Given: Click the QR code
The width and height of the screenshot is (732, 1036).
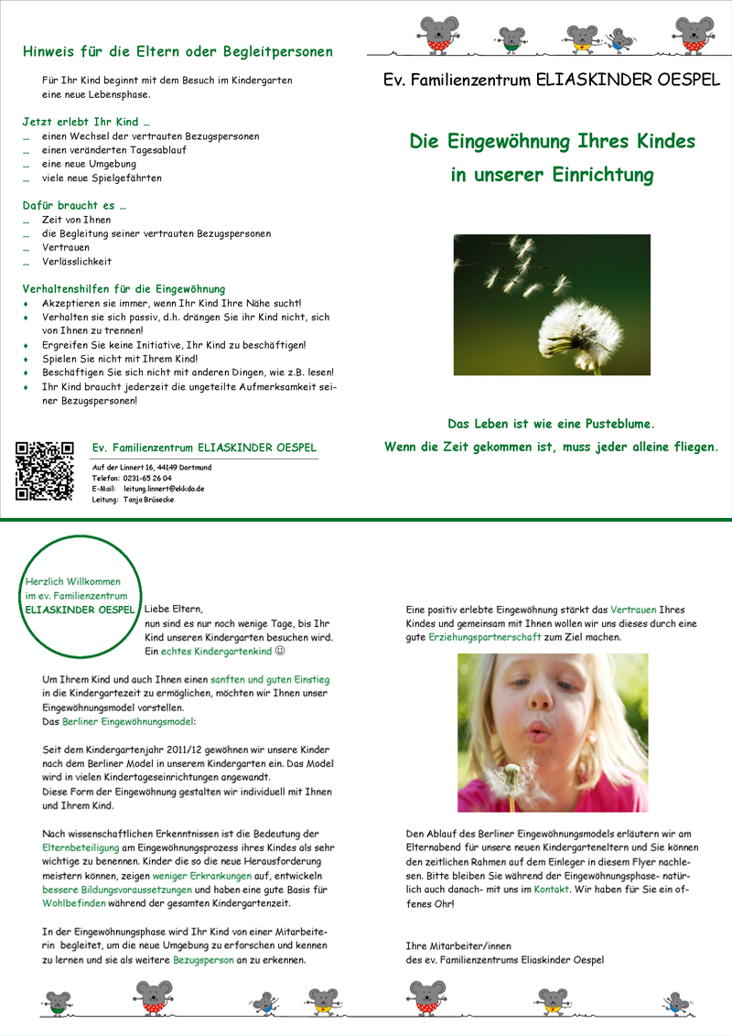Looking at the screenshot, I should tap(44, 470).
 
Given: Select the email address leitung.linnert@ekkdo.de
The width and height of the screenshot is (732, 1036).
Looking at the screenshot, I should tap(164, 489).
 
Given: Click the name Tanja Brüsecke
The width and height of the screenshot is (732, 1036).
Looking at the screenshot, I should tap(148, 500).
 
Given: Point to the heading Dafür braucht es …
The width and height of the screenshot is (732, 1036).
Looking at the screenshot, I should tap(74, 206).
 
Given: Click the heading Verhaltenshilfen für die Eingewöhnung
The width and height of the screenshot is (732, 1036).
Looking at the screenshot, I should tap(124, 288).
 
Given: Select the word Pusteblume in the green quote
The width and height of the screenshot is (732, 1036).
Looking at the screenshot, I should tap(613, 425).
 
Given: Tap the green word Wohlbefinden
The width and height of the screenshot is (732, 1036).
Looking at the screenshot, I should tap(72, 903).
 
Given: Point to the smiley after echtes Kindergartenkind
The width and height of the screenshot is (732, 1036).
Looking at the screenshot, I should tap(281, 651).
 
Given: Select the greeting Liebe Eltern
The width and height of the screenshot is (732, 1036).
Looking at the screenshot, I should tap(173, 609).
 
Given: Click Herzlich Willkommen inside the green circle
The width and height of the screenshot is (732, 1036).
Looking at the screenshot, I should tap(73, 582).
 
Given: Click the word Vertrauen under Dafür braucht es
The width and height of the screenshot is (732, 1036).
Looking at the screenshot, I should tap(67, 247).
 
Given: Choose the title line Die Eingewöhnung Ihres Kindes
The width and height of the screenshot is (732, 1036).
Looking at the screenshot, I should tap(552, 142).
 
